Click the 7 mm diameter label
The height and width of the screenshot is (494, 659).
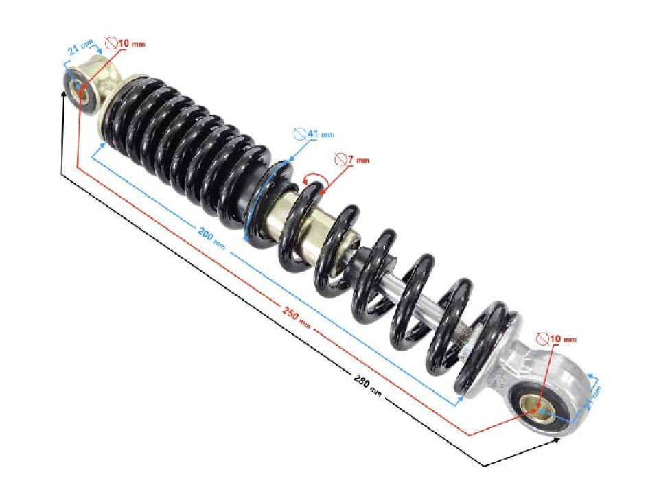coord(351,160)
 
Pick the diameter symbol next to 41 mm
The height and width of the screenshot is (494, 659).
coord(298,133)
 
